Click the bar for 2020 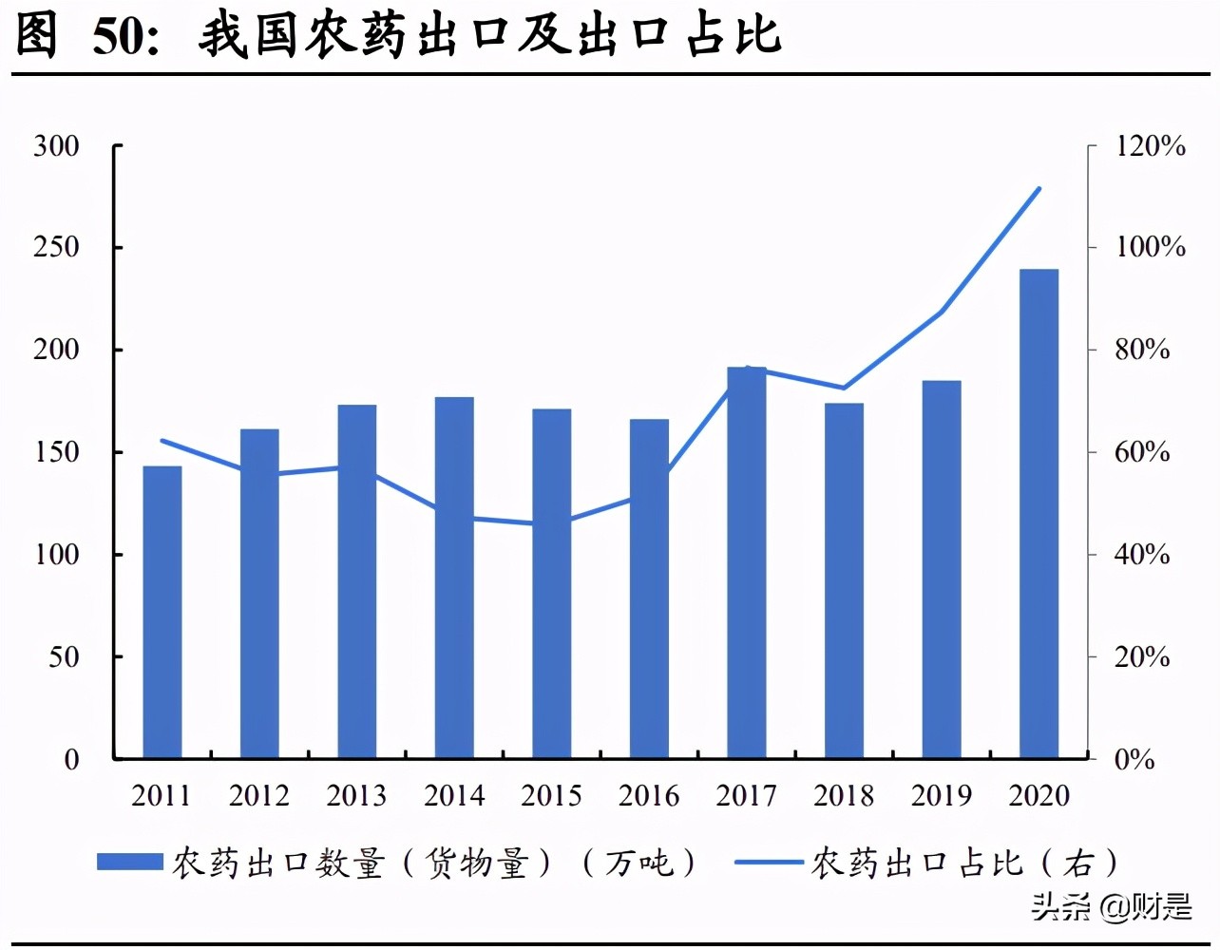pyautogui.click(x=1039, y=513)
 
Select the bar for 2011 pyautogui.click(x=162, y=612)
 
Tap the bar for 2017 pyautogui.click(x=747, y=562)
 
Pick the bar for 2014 pyautogui.click(x=454, y=578)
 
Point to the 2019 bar pyautogui.click(x=942, y=569)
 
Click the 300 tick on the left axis pyautogui.click(x=57, y=146)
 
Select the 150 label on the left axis pyautogui.click(x=57, y=452)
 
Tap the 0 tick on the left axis pyautogui.click(x=71, y=759)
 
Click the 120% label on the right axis pyautogui.click(x=1151, y=146)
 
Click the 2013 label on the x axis pyautogui.click(x=356, y=795)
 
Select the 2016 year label pyautogui.click(x=649, y=795)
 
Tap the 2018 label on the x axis pyautogui.click(x=844, y=795)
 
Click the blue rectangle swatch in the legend pyautogui.click(x=130, y=862)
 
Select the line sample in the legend pyautogui.click(x=770, y=863)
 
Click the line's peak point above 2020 pyautogui.click(x=1039, y=189)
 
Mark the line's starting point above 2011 pyautogui.click(x=162, y=441)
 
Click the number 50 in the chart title pyautogui.click(x=121, y=36)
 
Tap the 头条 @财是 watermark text pyautogui.click(x=1112, y=907)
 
